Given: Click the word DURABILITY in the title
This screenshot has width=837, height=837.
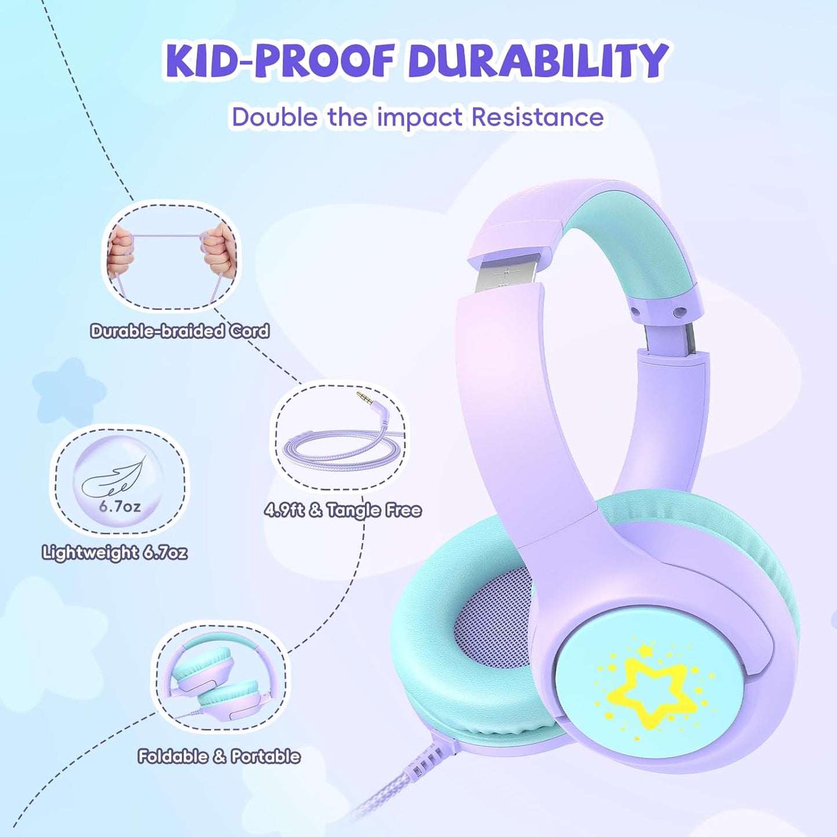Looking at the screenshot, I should [538, 60].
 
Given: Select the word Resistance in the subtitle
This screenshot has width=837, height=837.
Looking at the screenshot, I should [537, 117].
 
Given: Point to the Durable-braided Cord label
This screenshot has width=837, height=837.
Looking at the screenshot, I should [180, 331].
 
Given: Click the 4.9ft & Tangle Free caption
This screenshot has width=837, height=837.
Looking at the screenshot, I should [343, 510].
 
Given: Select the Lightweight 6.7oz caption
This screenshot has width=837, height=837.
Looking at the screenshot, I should [115, 552].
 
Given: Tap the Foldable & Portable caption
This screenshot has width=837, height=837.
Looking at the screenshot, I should [219, 756].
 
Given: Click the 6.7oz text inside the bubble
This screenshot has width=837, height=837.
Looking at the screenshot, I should [119, 506].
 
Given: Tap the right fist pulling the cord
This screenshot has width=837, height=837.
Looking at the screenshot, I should [220, 253].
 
